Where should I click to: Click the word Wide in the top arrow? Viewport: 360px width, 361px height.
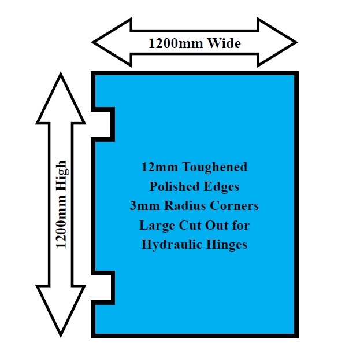point(224,43)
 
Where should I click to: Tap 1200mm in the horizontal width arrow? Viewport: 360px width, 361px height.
point(176,43)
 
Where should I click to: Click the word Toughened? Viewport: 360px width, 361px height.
point(215,168)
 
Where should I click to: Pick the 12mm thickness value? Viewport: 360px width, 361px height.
point(159,167)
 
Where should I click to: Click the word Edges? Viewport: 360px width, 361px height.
point(221,187)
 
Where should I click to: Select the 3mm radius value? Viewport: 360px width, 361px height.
point(144,205)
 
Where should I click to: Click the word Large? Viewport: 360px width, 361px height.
point(157,226)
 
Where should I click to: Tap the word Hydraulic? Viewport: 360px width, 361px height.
point(172,245)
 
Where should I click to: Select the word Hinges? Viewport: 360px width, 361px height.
point(227,245)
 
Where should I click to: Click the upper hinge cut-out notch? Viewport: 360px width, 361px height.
point(103,124)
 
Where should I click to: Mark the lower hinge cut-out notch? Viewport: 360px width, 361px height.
point(103,288)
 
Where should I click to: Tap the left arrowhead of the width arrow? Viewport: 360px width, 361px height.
point(112,42)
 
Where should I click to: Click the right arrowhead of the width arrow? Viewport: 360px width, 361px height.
point(277,42)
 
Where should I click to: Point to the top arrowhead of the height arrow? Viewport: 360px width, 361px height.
point(61,98)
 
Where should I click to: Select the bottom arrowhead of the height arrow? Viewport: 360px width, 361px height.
point(61,311)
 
